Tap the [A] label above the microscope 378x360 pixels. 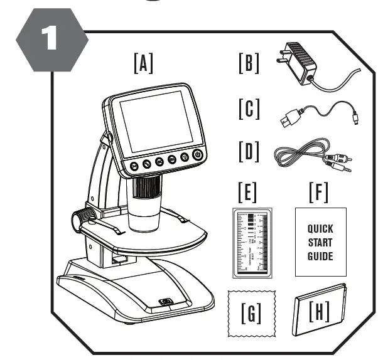[x=143, y=63]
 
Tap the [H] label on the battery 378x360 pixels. [x=320, y=310]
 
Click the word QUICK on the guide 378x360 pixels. [x=320, y=229]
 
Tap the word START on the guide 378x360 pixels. [x=320, y=242]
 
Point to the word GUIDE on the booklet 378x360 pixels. [x=320, y=256]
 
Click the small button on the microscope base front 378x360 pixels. [x=166, y=300]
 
